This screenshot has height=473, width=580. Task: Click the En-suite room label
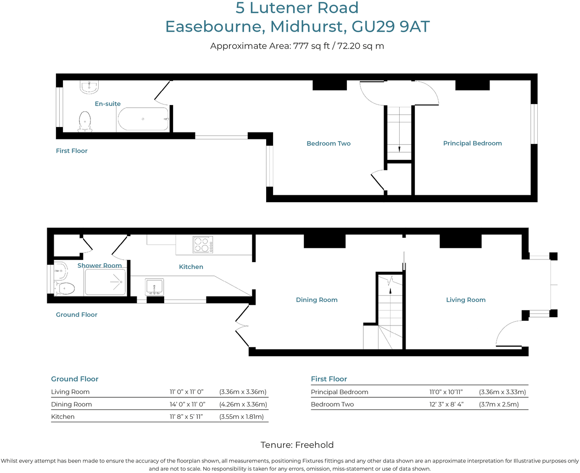pos(107,104)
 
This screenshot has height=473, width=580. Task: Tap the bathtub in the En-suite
pos(143,119)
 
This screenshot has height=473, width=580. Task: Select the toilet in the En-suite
pos(85,121)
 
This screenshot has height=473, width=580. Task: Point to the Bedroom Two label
pos(329,143)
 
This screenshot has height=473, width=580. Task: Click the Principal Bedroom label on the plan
pos(472,143)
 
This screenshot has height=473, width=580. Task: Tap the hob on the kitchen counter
pos(202,245)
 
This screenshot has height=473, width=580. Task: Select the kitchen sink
pos(154,287)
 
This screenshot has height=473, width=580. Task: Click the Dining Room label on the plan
pos(317,300)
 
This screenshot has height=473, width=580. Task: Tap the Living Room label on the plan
pos(466,300)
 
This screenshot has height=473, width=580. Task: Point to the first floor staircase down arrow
pos(399,148)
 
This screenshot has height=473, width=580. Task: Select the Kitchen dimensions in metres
pos(241,417)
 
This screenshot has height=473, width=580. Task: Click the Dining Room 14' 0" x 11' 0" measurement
pos(187,404)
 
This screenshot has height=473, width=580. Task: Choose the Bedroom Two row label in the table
pos(332,404)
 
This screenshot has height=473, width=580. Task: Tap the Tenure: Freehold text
pos(297,445)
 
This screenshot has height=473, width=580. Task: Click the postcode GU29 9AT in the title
pos(390,27)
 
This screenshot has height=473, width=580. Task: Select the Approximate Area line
pos(297,46)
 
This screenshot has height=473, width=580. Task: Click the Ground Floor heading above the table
pos(75,379)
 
